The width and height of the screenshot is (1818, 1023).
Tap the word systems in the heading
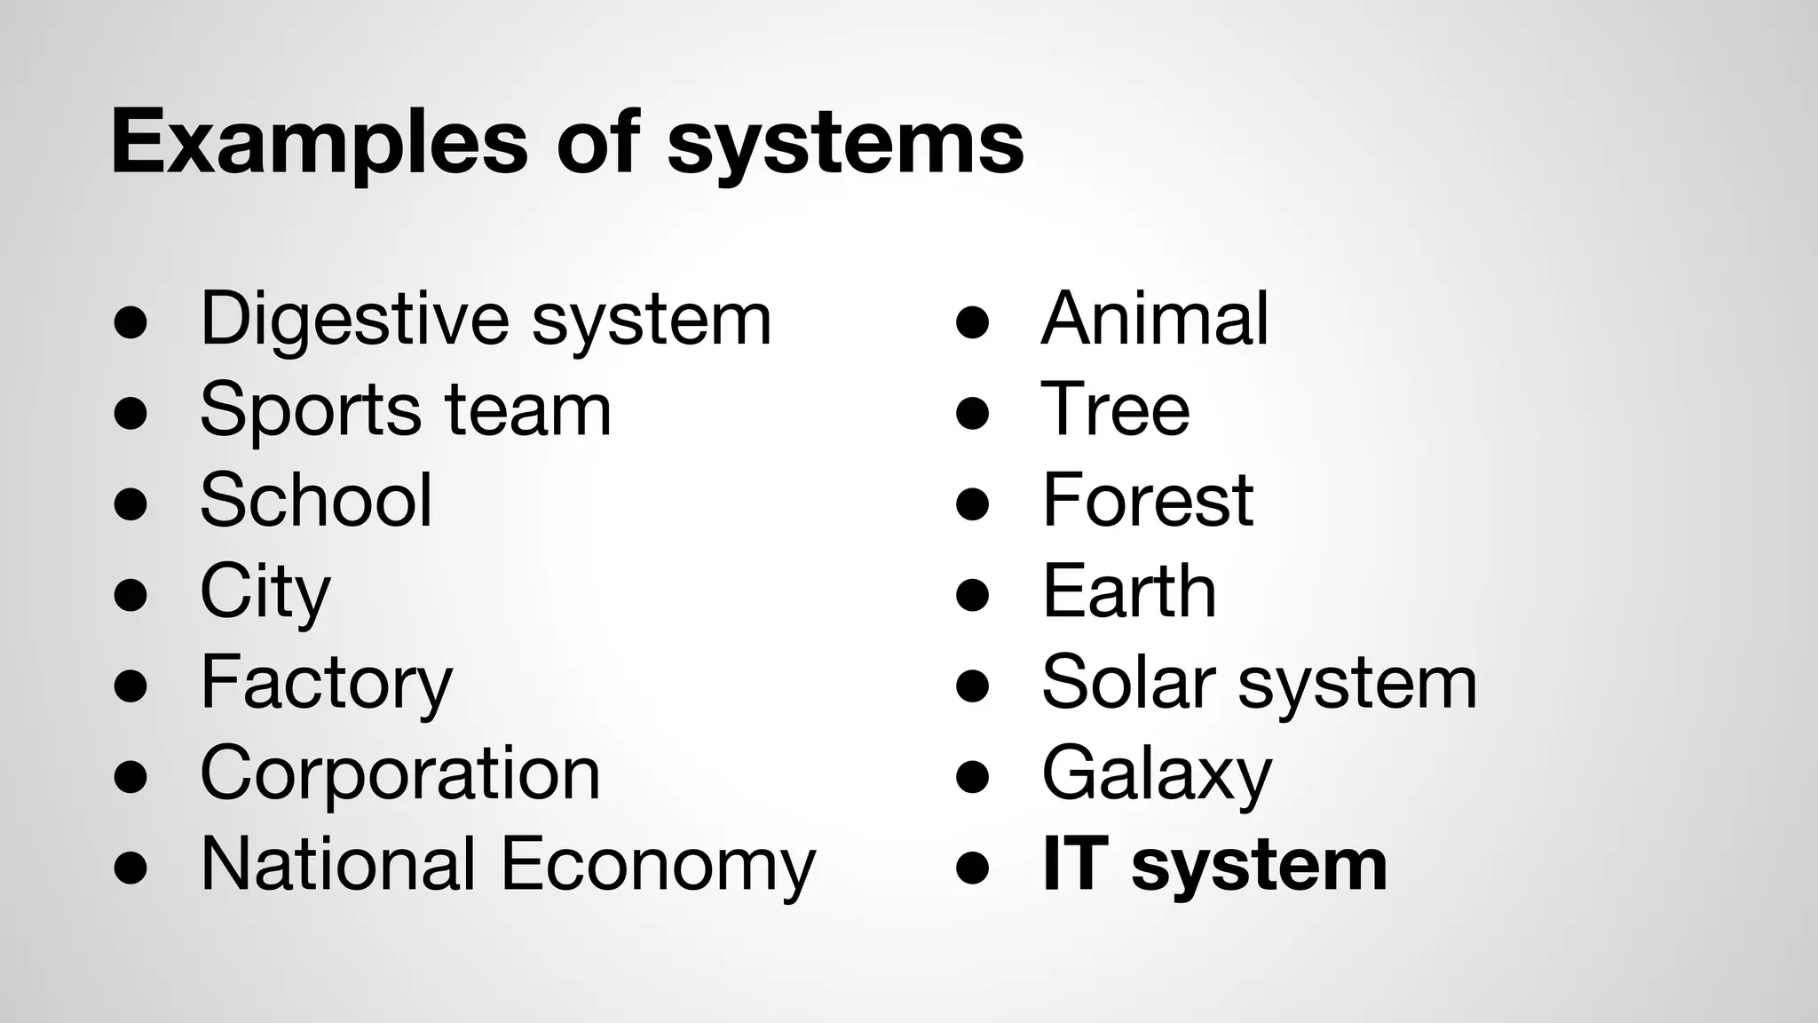pyautogui.click(x=845, y=142)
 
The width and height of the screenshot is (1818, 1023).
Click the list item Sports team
pyautogui.click(x=406, y=410)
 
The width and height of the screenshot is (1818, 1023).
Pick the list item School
pyautogui.click(x=316, y=500)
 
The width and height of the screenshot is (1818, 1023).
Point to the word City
pyautogui.click(x=265, y=591)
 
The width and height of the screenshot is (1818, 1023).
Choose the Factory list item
pyautogui.click(x=326, y=682)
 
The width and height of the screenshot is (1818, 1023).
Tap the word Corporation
pyautogui.click(x=400, y=773)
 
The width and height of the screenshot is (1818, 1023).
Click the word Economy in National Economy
pyautogui.click(x=658, y=865)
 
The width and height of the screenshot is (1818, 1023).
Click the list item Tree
pyautogui.click(x=1115, y=409)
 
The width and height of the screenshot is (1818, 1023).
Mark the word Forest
pyautogui.click(x=1147, y=500)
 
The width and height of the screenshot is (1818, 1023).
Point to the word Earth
pyautogui.click(x=1128, y=591)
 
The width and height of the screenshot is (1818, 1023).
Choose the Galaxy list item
pyautogui.click(x=1157, y=774)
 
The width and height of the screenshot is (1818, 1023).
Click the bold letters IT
pyautogui.click(x=1075, y=864)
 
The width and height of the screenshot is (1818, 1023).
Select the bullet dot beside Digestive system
pyautogui.click(x=130, y=323)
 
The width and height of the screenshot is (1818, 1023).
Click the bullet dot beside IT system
pyautogui.click(x=973, y=868)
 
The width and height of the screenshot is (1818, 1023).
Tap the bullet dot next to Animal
pyautogui.click(x=973, y=323)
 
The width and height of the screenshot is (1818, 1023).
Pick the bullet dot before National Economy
pyautogui.click(x=130, y=868)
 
